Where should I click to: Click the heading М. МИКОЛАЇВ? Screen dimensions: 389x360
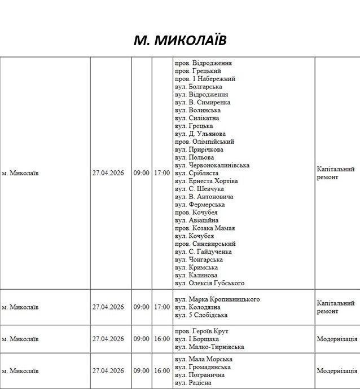(x=180, y=40)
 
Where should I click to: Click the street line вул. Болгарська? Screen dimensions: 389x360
(x=198, y=87)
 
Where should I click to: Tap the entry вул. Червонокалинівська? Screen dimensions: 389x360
(x=212, y=165)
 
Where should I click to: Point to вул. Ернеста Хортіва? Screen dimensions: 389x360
(x=207, y=181)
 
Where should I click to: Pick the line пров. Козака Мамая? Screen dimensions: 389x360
(x=205, y=228)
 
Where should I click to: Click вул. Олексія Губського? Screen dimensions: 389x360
(x=209, y=283)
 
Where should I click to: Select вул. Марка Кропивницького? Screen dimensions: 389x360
(x=217, y=299)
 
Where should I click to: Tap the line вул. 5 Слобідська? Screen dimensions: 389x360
(x=201, y=315)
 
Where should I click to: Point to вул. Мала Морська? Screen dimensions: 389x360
(x=204, y=359)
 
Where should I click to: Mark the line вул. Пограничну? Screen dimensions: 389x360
(x=200, y=375)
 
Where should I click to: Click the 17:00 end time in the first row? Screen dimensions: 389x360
(x=161, y=173)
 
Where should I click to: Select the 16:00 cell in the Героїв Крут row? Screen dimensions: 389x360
(x=161, y=339)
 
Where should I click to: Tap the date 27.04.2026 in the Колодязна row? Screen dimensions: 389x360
(x=108, y=307)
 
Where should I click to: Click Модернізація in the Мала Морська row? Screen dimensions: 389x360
(x=337, y=371)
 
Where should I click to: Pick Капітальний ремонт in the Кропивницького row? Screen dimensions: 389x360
(x=336, y=307)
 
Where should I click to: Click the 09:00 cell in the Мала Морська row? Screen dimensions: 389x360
(x=141, y=371)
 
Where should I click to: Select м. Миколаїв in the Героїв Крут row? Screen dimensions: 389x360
(x=20, y=339)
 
